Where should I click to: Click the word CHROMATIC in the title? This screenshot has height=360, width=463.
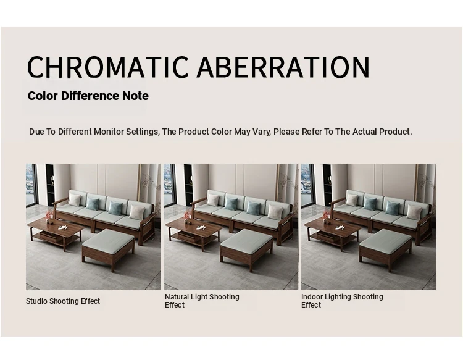point(108,67)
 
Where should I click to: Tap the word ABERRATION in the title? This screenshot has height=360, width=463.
point(283,67)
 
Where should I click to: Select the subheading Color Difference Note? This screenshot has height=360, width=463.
point(88,96)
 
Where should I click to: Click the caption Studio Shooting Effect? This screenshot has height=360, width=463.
point(63,301)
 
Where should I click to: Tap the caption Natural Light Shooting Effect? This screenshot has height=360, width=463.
point(202,301)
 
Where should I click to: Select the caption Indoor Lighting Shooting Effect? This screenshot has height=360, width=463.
point(342,301)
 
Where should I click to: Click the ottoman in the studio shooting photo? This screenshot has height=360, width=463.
point(109,249)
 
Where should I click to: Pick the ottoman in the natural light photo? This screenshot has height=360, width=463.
point(247,249)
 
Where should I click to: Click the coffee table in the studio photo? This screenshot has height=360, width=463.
point(56,233)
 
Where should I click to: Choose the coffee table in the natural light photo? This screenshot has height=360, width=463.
point(194,233)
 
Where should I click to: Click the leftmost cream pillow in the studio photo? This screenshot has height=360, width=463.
point(75,200)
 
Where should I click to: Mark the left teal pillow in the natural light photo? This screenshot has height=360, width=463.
point(231,204)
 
